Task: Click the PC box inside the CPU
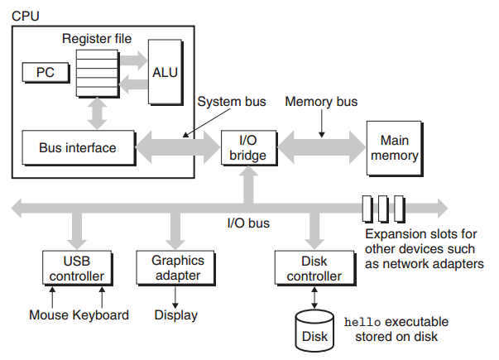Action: [46, 73]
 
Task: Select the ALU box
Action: [166, 72]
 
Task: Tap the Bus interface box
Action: [79, 147]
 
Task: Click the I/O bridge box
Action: [249, 147]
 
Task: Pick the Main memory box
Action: [395, 148]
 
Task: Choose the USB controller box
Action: [77, 268]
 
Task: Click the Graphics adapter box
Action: [175, 268]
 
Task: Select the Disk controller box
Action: [315, 268]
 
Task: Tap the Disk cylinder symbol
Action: [314, 331]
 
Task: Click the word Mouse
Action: [49, 315]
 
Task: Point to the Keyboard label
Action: [101, 315]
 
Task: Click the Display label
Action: [176, 315]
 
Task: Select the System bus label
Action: [232, 102]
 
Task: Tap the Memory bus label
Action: [321, 102]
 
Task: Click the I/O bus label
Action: [248, 223]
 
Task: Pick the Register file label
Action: [97, 39]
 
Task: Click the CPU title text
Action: [26, 16]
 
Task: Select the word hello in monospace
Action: [362, 323]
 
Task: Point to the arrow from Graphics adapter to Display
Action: [175, 298]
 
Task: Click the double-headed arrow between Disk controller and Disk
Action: [314, 298]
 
